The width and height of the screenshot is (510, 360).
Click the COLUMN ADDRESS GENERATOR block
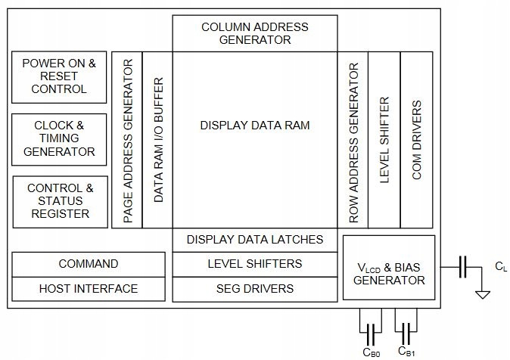[x=255, y=33]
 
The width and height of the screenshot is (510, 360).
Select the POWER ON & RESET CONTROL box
[x=59, y=77]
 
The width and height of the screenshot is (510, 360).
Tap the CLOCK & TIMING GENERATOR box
[x=59, y=139]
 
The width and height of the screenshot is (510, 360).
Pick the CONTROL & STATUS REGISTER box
[x=61, y=202]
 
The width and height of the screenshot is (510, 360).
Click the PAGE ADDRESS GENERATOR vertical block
[x=127, y=140]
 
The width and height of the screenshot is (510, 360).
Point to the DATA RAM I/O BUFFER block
[x=157, y=140]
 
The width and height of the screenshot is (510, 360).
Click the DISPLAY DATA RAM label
[x=255, y=126]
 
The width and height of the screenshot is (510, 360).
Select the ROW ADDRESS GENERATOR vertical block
[x=353, y=140]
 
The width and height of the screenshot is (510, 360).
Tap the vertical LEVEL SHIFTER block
[x=384, y=140]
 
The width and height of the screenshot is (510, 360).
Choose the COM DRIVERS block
[x=417, y=140]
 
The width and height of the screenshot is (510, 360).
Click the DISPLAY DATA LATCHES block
[x=255, y=240]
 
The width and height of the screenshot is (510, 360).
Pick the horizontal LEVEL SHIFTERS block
[x=255, y=265]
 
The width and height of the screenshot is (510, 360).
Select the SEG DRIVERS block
[x=255, y=289]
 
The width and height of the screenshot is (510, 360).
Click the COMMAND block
[x=89, y=265]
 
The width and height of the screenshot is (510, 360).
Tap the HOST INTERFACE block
[x=89, y=289]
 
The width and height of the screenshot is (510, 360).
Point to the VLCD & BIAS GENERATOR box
[x=389, y=267]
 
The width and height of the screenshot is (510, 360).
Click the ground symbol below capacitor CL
[x=482, y=294]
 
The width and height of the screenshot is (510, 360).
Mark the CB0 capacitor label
[x=371, y=352]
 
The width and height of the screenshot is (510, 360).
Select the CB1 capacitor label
[x=406, y=351]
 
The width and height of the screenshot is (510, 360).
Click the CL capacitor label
[x=501, y=267]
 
